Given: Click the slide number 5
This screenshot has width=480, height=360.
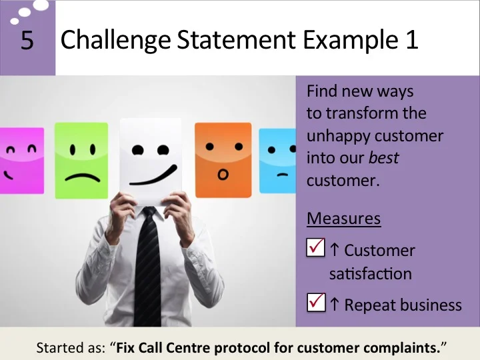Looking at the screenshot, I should (x=27, y=41).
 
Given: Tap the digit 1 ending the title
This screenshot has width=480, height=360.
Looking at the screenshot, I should (x=411, y=41).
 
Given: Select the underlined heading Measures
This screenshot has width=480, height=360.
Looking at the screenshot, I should (x=343, y=218).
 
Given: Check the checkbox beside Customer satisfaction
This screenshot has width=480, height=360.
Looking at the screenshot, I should (x=315, y=247).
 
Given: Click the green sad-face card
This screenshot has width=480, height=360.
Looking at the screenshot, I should (x=81, y=159).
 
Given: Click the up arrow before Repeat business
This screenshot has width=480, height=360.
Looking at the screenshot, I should (x=335, y=304).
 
